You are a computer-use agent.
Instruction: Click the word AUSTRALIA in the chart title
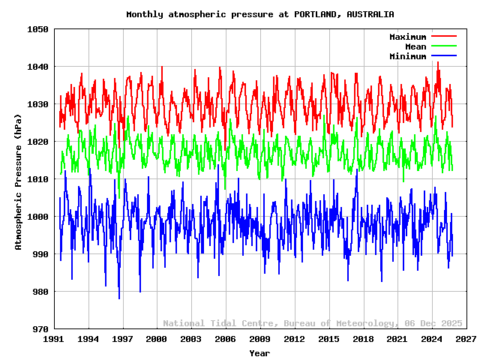(368, 14)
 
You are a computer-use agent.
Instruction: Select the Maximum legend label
(407, 37)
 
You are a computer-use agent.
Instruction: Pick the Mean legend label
(415, 46)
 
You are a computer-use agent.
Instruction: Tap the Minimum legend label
(407, 56)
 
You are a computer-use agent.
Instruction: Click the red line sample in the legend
(444, 37)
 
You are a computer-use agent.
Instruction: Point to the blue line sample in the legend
(444, 56)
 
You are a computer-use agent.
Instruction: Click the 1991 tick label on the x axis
(53, 340)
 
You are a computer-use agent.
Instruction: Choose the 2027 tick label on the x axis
(466, 340)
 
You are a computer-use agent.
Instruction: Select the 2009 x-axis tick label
(259, 340)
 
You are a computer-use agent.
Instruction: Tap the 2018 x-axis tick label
(363, 340)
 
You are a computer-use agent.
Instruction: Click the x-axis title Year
(259, 352)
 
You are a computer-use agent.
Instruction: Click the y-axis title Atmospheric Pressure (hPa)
(19, 179)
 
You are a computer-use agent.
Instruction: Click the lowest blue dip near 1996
(118, 298)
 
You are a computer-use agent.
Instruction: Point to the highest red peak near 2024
(438, 63)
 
